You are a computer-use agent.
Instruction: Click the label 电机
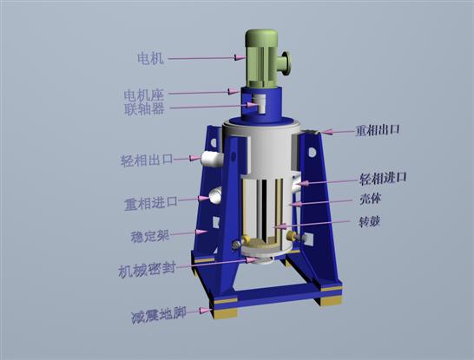pyautogui.click(x=150, y=58)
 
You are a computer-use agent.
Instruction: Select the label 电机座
pyautogui.click(x=144, y=95)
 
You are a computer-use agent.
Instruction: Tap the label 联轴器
pyautogui.click(x=144, y=109)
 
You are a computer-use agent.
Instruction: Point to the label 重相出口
pyautogui.click(x=378, y=130)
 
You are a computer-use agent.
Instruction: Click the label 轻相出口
pyautogui.click(x=147, y=160)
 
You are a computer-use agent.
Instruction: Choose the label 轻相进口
pyautogui.click(x=383, y=179)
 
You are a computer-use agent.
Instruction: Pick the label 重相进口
pyautogui.click(x=151, y=203)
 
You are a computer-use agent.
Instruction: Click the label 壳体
pyautogui.click(x=371, y=199)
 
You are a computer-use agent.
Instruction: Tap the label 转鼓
pyautogui.click(x=369, y=222)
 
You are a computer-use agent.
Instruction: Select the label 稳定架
pyautogui.click(x=150, y=236)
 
